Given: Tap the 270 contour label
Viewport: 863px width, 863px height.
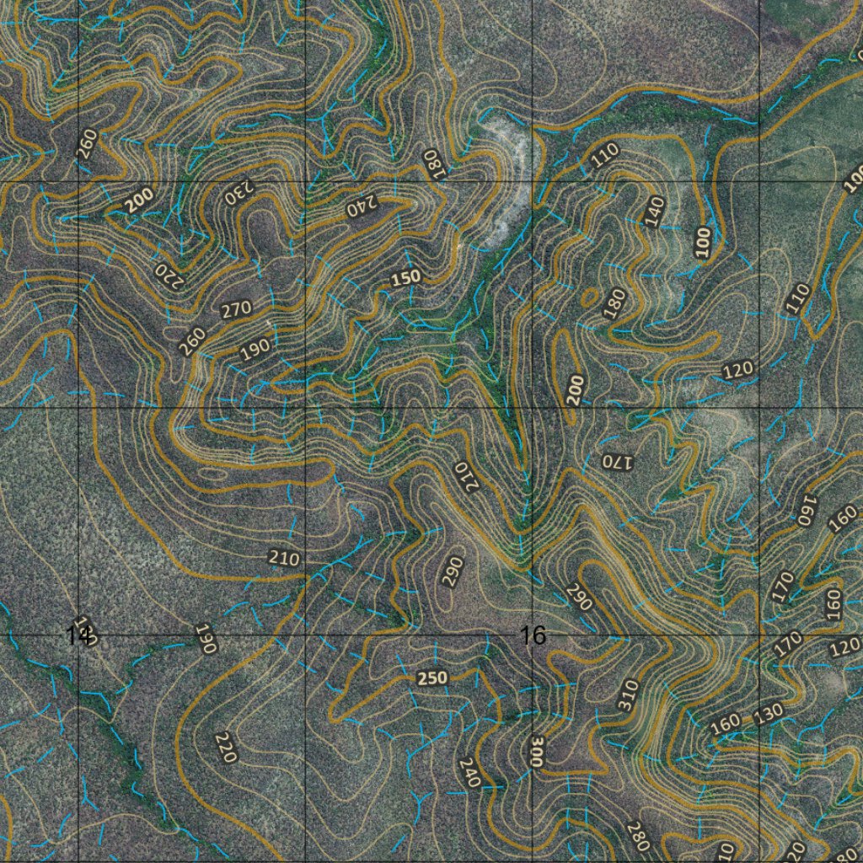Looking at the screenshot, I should coord(236,309).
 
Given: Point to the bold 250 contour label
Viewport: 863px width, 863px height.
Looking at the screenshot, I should coord(432,678).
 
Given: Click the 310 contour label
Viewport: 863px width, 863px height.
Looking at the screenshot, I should coord(628,695).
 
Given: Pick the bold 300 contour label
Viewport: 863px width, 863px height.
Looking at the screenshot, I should coord(537,750).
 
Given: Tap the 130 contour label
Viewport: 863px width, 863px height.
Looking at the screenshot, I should coord(769,713).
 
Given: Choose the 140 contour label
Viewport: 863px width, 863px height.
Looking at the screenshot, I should coord(654,211).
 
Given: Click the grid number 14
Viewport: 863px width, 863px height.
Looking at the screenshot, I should coord(78,635).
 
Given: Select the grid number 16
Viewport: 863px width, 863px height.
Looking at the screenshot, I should coord(533,635).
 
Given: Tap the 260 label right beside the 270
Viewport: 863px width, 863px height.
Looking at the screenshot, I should coord(193,340).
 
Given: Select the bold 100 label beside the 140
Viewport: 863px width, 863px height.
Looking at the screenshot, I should coord(703,242).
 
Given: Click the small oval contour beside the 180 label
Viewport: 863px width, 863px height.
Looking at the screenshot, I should coord(589,297).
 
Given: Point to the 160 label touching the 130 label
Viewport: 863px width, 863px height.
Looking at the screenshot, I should coord(725,725).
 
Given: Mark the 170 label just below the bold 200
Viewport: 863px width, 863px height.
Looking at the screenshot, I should coord(615,461).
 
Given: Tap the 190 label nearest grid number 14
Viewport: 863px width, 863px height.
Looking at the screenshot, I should coord(206,639).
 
